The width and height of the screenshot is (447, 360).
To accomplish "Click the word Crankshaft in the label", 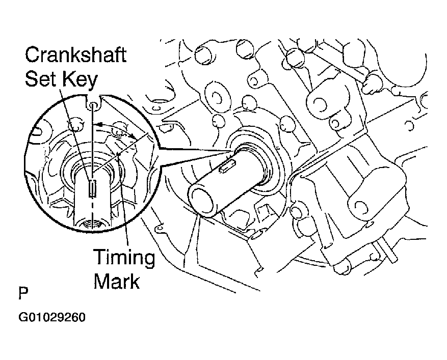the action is coord(75,55).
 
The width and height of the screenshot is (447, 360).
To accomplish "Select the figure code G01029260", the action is coord(52,317).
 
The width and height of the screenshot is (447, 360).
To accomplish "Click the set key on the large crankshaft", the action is coord(227,166).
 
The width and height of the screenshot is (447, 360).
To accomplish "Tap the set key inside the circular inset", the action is coord(92,188).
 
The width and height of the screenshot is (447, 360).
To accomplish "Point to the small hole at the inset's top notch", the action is coord(93,106).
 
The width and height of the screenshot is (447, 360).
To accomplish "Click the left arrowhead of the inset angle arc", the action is coord(98,124).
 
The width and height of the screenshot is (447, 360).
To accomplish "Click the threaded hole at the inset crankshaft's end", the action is coord(92,224).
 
